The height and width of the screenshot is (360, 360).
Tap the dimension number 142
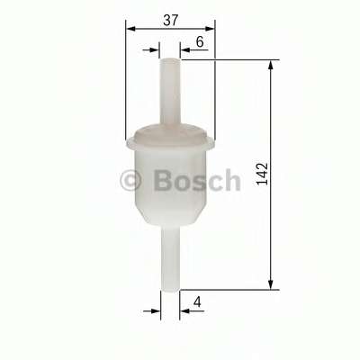(260, 174)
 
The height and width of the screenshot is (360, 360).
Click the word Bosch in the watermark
(197, 179)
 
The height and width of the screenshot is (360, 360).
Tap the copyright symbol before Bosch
(130, 180)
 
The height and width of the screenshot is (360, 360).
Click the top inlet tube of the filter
(171, 90)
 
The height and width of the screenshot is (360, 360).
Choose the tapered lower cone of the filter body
(170, 216)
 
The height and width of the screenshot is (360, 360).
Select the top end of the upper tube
(171, 61)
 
